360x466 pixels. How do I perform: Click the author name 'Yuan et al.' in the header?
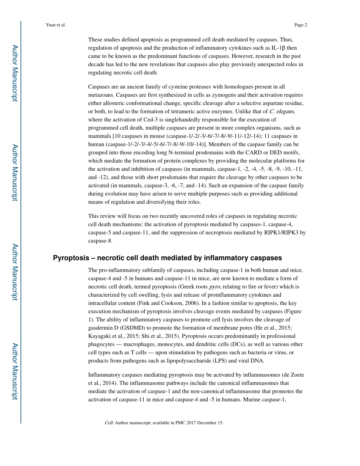click(x=56, y=25)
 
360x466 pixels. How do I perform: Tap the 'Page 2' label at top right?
click(x=300, y=25)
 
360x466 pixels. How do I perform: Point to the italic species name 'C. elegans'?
click(x=282, y=111)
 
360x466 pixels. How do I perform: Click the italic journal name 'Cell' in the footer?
click(x=109, y=423)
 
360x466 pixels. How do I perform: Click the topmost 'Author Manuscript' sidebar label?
click(x=14, y=73)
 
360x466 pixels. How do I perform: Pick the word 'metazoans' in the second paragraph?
click(x=100, y=95)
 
